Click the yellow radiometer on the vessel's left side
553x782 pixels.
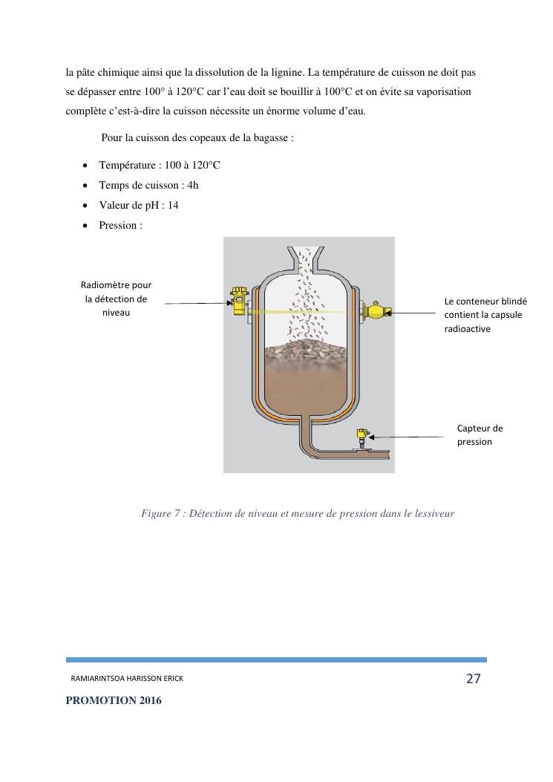239,301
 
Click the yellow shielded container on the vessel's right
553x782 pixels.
376,312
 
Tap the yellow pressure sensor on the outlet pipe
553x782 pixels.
362,437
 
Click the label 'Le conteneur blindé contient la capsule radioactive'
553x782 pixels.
485,315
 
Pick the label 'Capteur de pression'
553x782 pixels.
480,434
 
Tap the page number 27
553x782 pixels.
474,678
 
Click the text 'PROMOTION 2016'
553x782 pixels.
114,700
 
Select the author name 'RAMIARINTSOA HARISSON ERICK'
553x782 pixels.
126,679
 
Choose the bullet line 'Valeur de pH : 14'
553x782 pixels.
138,205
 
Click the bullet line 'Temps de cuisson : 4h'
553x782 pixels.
148,185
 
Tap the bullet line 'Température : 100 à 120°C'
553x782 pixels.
159,165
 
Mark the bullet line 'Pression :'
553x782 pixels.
120,225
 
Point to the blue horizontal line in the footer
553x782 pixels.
276,659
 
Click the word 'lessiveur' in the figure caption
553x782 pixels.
432,513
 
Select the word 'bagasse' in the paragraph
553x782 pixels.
275,137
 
